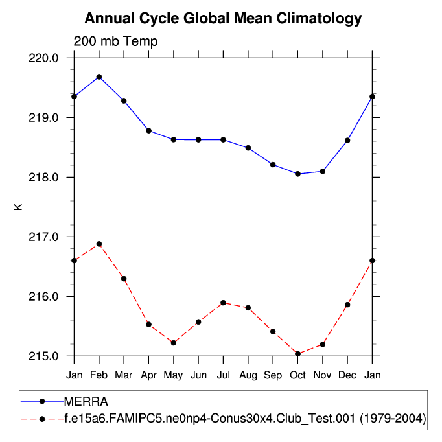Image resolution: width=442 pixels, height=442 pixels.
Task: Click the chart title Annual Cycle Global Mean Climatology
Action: (223, 18)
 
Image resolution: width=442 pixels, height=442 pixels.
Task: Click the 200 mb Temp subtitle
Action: (115, 41)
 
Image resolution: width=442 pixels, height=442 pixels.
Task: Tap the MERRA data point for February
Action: (99, 77)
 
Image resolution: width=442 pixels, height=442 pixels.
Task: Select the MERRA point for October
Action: (297, 174)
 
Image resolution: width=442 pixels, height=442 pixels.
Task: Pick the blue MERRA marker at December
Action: (347, 141)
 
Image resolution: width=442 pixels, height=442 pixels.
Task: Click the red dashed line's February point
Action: (99, 244)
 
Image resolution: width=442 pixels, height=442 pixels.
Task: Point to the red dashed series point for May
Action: (174, 343)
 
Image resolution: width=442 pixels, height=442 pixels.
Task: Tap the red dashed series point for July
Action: (223, 303)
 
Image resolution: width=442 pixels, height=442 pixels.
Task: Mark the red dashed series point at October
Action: (297, 354)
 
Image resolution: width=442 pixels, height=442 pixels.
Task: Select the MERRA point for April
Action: (149, 131)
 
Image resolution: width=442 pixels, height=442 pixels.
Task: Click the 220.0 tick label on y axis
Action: (45, 58)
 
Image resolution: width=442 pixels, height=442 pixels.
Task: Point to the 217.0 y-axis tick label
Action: (45, 237)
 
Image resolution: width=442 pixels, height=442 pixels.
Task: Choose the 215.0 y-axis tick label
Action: (45, 356)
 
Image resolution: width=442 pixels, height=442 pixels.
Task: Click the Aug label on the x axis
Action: (248, 375)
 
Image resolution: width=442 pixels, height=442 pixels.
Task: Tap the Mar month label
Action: (124, 375)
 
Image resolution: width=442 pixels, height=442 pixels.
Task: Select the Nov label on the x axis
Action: (323, 375)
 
